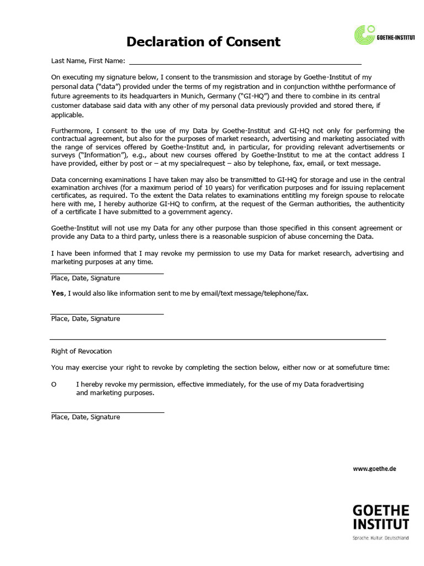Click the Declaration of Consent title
[x=204, y=41]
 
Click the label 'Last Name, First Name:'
[x=88, y=61]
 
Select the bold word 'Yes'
[x=57, y=293]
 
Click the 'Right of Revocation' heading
[x=81, y=351]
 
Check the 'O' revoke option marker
[x=54, y=384]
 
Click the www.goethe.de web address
[x=374, y=468]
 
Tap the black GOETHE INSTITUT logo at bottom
[x=380, y=516]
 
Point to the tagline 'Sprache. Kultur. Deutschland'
[x=380, y=538]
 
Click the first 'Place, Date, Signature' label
[x=86, y=278]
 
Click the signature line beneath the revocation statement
[x=108, y=412]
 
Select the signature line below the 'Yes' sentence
[x=108, y=314]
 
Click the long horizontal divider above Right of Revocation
[x=218, y=339]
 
